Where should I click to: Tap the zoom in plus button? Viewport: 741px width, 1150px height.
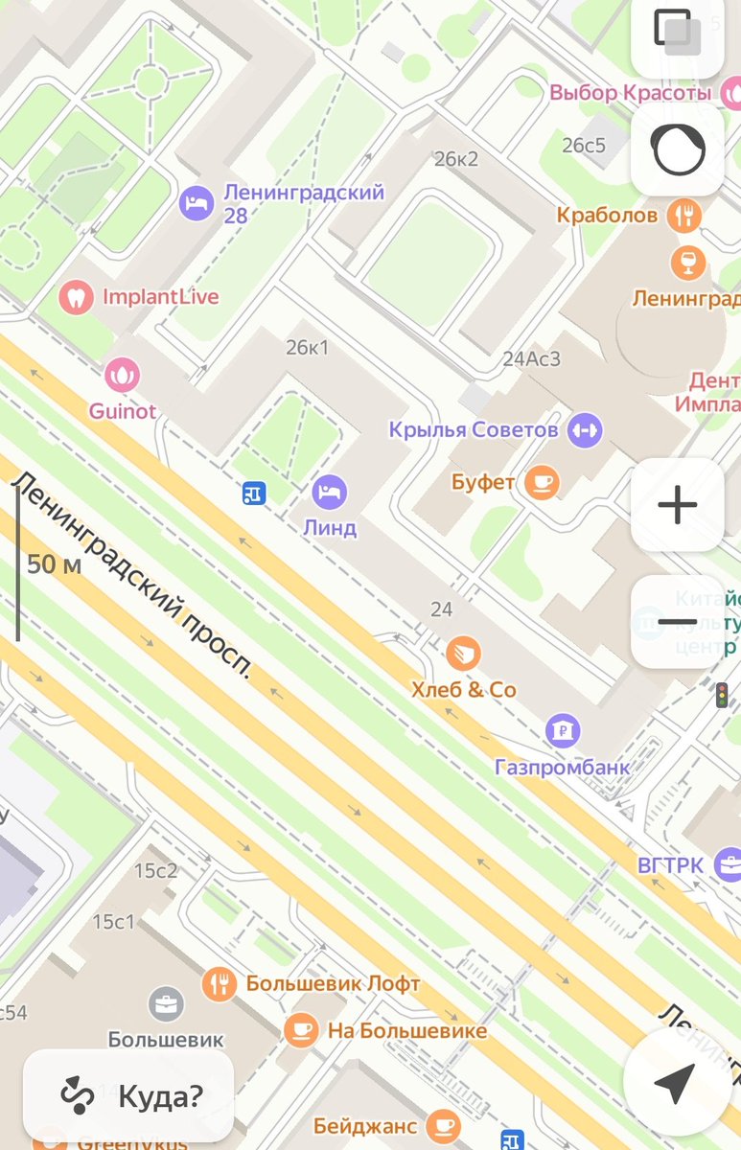coord(677,504)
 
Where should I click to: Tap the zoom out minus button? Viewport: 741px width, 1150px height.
coord(677,622)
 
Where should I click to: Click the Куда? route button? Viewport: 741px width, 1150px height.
coord(128,1095)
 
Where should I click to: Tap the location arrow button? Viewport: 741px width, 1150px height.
coord(675,1082)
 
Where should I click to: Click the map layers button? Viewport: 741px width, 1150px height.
coord(677,31)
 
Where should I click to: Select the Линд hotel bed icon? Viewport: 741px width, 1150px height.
coord(330,493)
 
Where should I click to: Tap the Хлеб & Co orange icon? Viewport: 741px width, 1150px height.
coord(463,654)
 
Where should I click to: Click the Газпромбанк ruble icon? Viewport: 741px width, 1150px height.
coord(563,731)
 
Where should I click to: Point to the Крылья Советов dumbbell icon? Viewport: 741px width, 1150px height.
coord(584,430)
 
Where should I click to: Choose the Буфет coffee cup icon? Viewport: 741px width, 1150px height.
coord(542,482)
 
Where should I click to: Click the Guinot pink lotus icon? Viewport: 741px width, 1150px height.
coord(122,374)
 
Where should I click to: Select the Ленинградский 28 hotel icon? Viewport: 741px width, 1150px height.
coord(197,202)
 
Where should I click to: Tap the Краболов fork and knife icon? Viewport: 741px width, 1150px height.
coord(684,215)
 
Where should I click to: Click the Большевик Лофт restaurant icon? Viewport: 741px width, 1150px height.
coord(220,983)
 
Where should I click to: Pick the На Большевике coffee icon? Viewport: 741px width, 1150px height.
coord(301,1031)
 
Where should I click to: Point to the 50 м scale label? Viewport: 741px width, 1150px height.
coord(55,564)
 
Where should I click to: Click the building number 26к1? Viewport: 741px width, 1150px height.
coord(307,347)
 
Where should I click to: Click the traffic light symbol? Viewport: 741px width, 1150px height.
coord(722,695)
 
